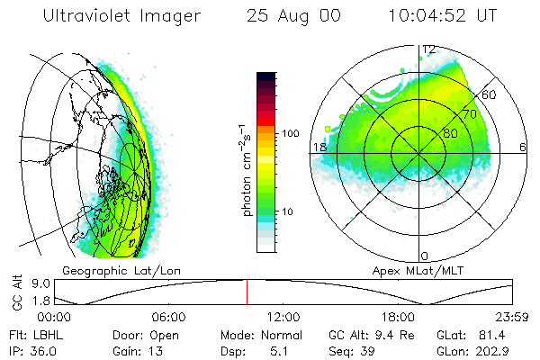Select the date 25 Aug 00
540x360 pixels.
(x=292, y=15)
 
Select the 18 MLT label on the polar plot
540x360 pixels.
(x=318, y=148)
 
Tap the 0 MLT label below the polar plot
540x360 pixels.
(x=425, y=256)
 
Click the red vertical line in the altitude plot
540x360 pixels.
(x=247, y=292)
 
